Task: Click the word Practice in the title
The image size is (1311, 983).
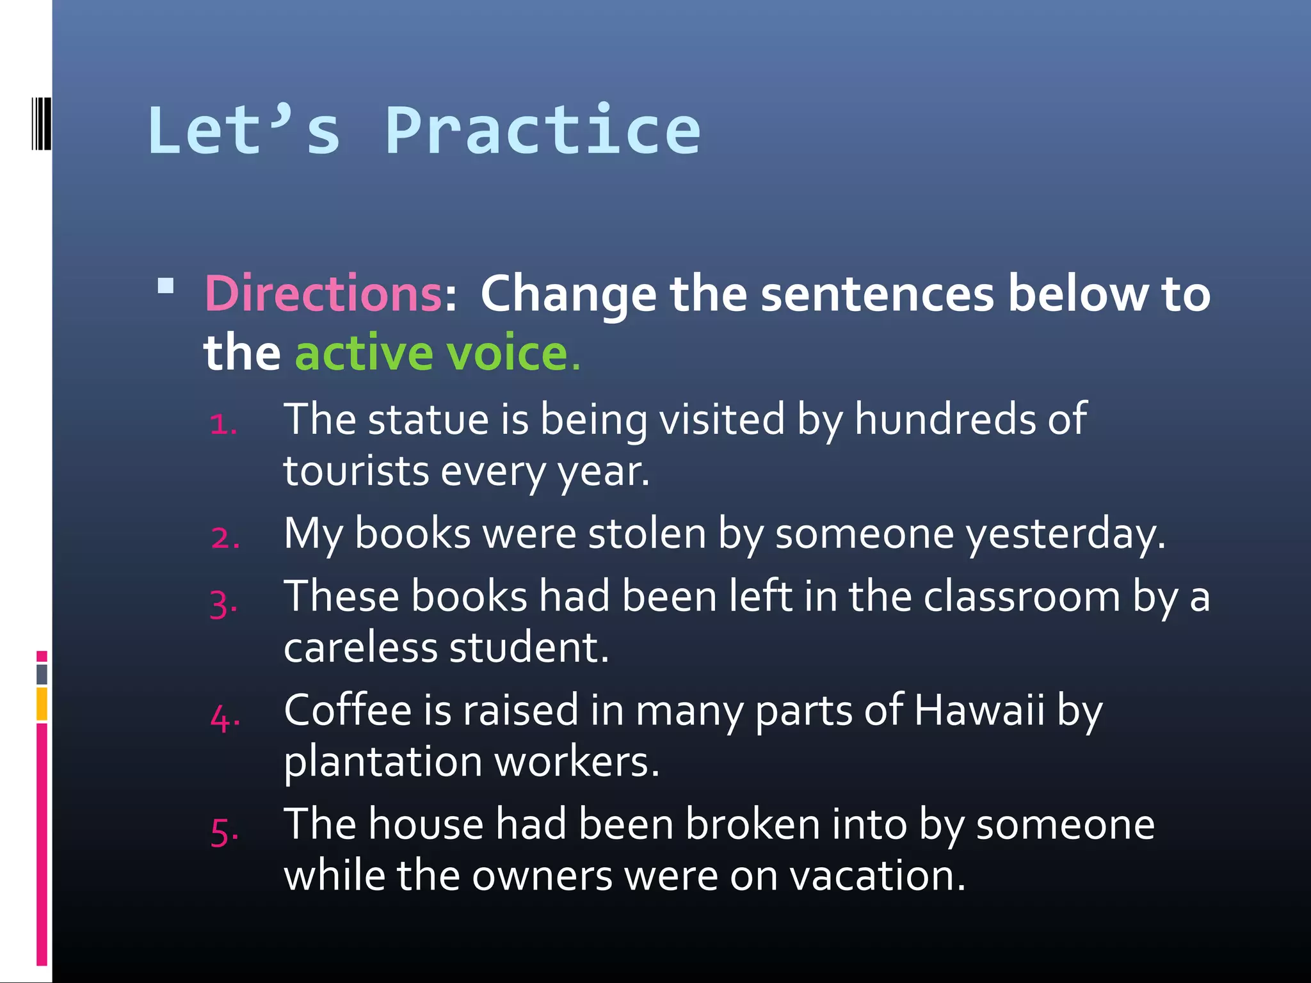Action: click(x=543, y=131)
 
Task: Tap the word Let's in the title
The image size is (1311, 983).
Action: click(x=244, y=131)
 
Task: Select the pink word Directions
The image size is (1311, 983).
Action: click(x=323, y=294)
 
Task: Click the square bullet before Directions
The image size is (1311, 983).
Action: click(x=166, y=285)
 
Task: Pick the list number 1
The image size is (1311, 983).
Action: click(x=223, y=424)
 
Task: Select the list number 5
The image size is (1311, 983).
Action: click(x=225, y=833)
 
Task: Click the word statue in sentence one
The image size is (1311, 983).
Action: click(x=428, y=420)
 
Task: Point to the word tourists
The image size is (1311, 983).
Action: click(x=356, y=472)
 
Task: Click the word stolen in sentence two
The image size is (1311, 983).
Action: click(x=647, y=533)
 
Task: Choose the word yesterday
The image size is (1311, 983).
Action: click(x=1065, y=534)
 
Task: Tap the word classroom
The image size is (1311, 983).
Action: click(x=1022, y=596)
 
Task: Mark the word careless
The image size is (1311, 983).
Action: click(x=360, y=648)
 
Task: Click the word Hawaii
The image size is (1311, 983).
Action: click(x=979, y=710)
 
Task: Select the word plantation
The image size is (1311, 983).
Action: click(x=383, y=763)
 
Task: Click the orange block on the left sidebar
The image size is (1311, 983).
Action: click(x=42, y=703)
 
